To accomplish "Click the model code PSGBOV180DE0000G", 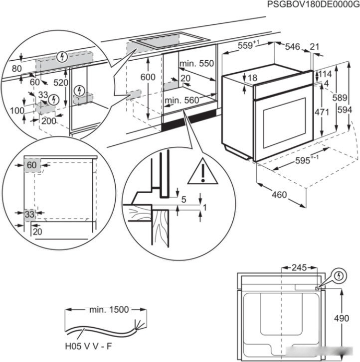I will click(313, 4).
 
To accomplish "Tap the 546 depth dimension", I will click(292, 47).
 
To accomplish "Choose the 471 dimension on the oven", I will click(322, 112).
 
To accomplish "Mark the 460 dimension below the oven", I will click(279, 195).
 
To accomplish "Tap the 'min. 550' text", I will click(196, 63).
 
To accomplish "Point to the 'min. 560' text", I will click(181, 101).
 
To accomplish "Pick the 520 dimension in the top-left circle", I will click(60, 83).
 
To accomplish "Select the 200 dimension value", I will click(49, 121).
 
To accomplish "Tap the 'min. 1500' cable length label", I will click(109, 310).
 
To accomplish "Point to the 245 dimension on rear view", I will click(299, 268).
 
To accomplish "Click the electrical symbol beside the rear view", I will click(339, 274).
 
